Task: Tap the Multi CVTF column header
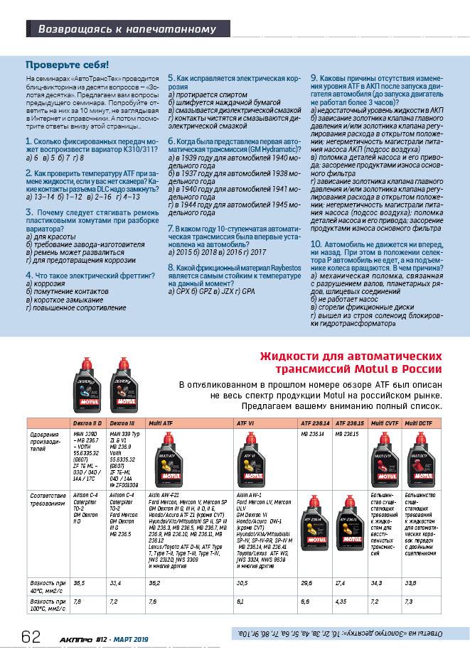[385, 423]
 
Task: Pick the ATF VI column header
[245, 423]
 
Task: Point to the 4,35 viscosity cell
[342, 601]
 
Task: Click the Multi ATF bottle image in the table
[168, 462]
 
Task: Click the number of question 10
[315, 244]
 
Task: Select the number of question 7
[170, 229]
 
